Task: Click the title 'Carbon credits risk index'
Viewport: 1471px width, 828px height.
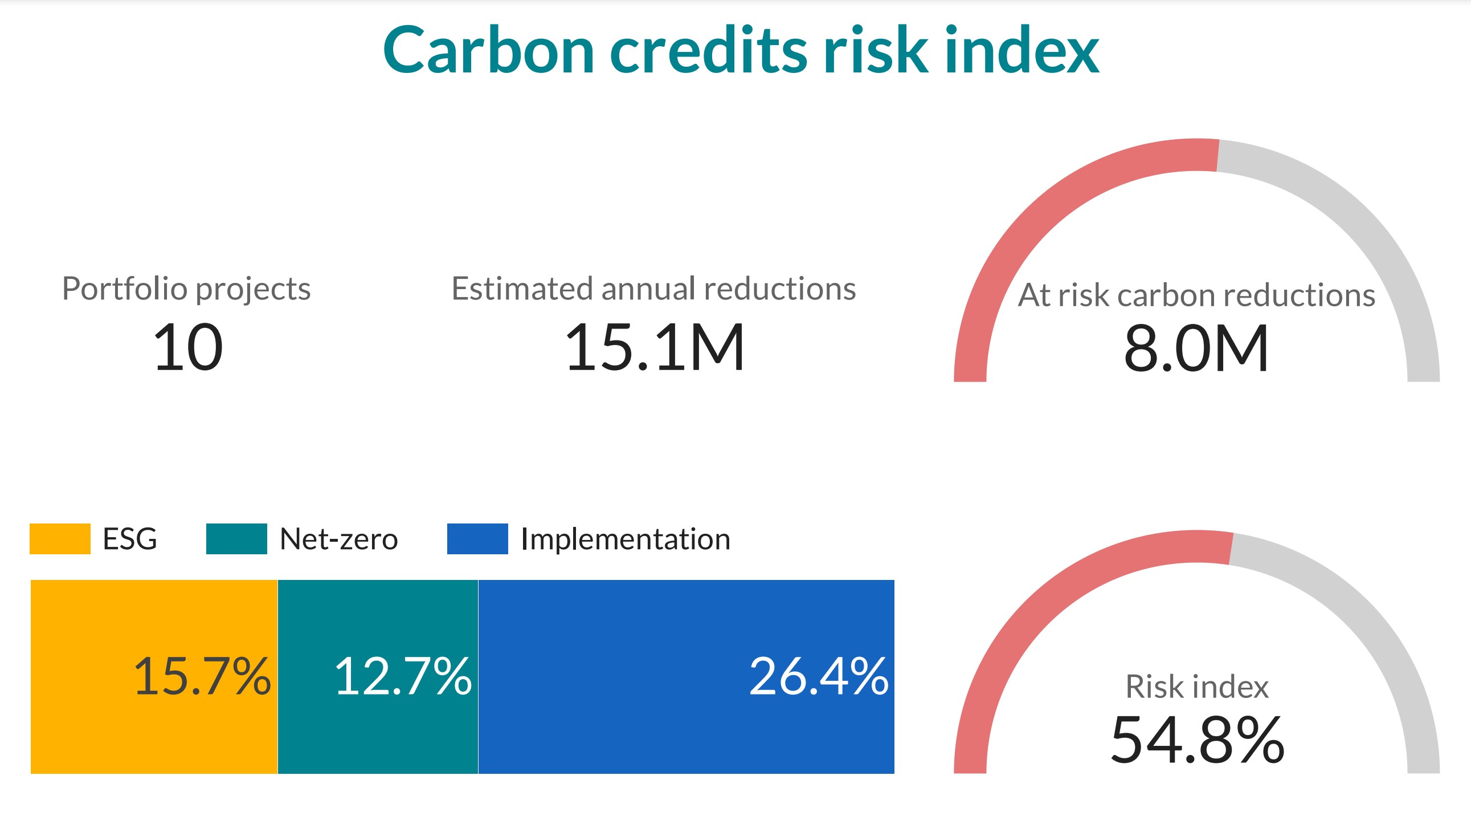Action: [x=741, y=50]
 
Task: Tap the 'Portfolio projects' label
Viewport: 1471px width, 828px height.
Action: [x=186, y=289]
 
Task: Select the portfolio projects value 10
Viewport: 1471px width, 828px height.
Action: [x=188, y=347]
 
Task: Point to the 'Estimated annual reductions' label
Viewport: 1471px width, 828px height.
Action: [x=653, y=288]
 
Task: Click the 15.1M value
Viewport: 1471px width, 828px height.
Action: [x=655, y=347]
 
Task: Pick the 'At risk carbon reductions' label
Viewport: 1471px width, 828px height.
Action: [x=1196, y=295]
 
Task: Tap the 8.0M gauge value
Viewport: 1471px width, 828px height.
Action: [x=1196, y=348]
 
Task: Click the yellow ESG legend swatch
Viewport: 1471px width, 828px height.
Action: [x=60, y=539]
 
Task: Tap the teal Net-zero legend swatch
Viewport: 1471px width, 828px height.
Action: [x=236, y=539]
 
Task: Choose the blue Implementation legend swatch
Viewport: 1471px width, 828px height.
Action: [x=477, y=539]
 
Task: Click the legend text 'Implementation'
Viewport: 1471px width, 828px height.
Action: [x=626, y=539]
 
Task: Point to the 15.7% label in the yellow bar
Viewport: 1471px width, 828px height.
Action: [x=202, y=676]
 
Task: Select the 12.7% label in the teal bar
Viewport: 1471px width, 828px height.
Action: [x=403, y=676]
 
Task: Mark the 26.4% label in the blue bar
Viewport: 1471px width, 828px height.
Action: [x=819, y=676]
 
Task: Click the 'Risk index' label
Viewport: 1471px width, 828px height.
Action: [x=1197, y=686]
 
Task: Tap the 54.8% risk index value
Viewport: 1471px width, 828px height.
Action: [x=1198, y=740]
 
